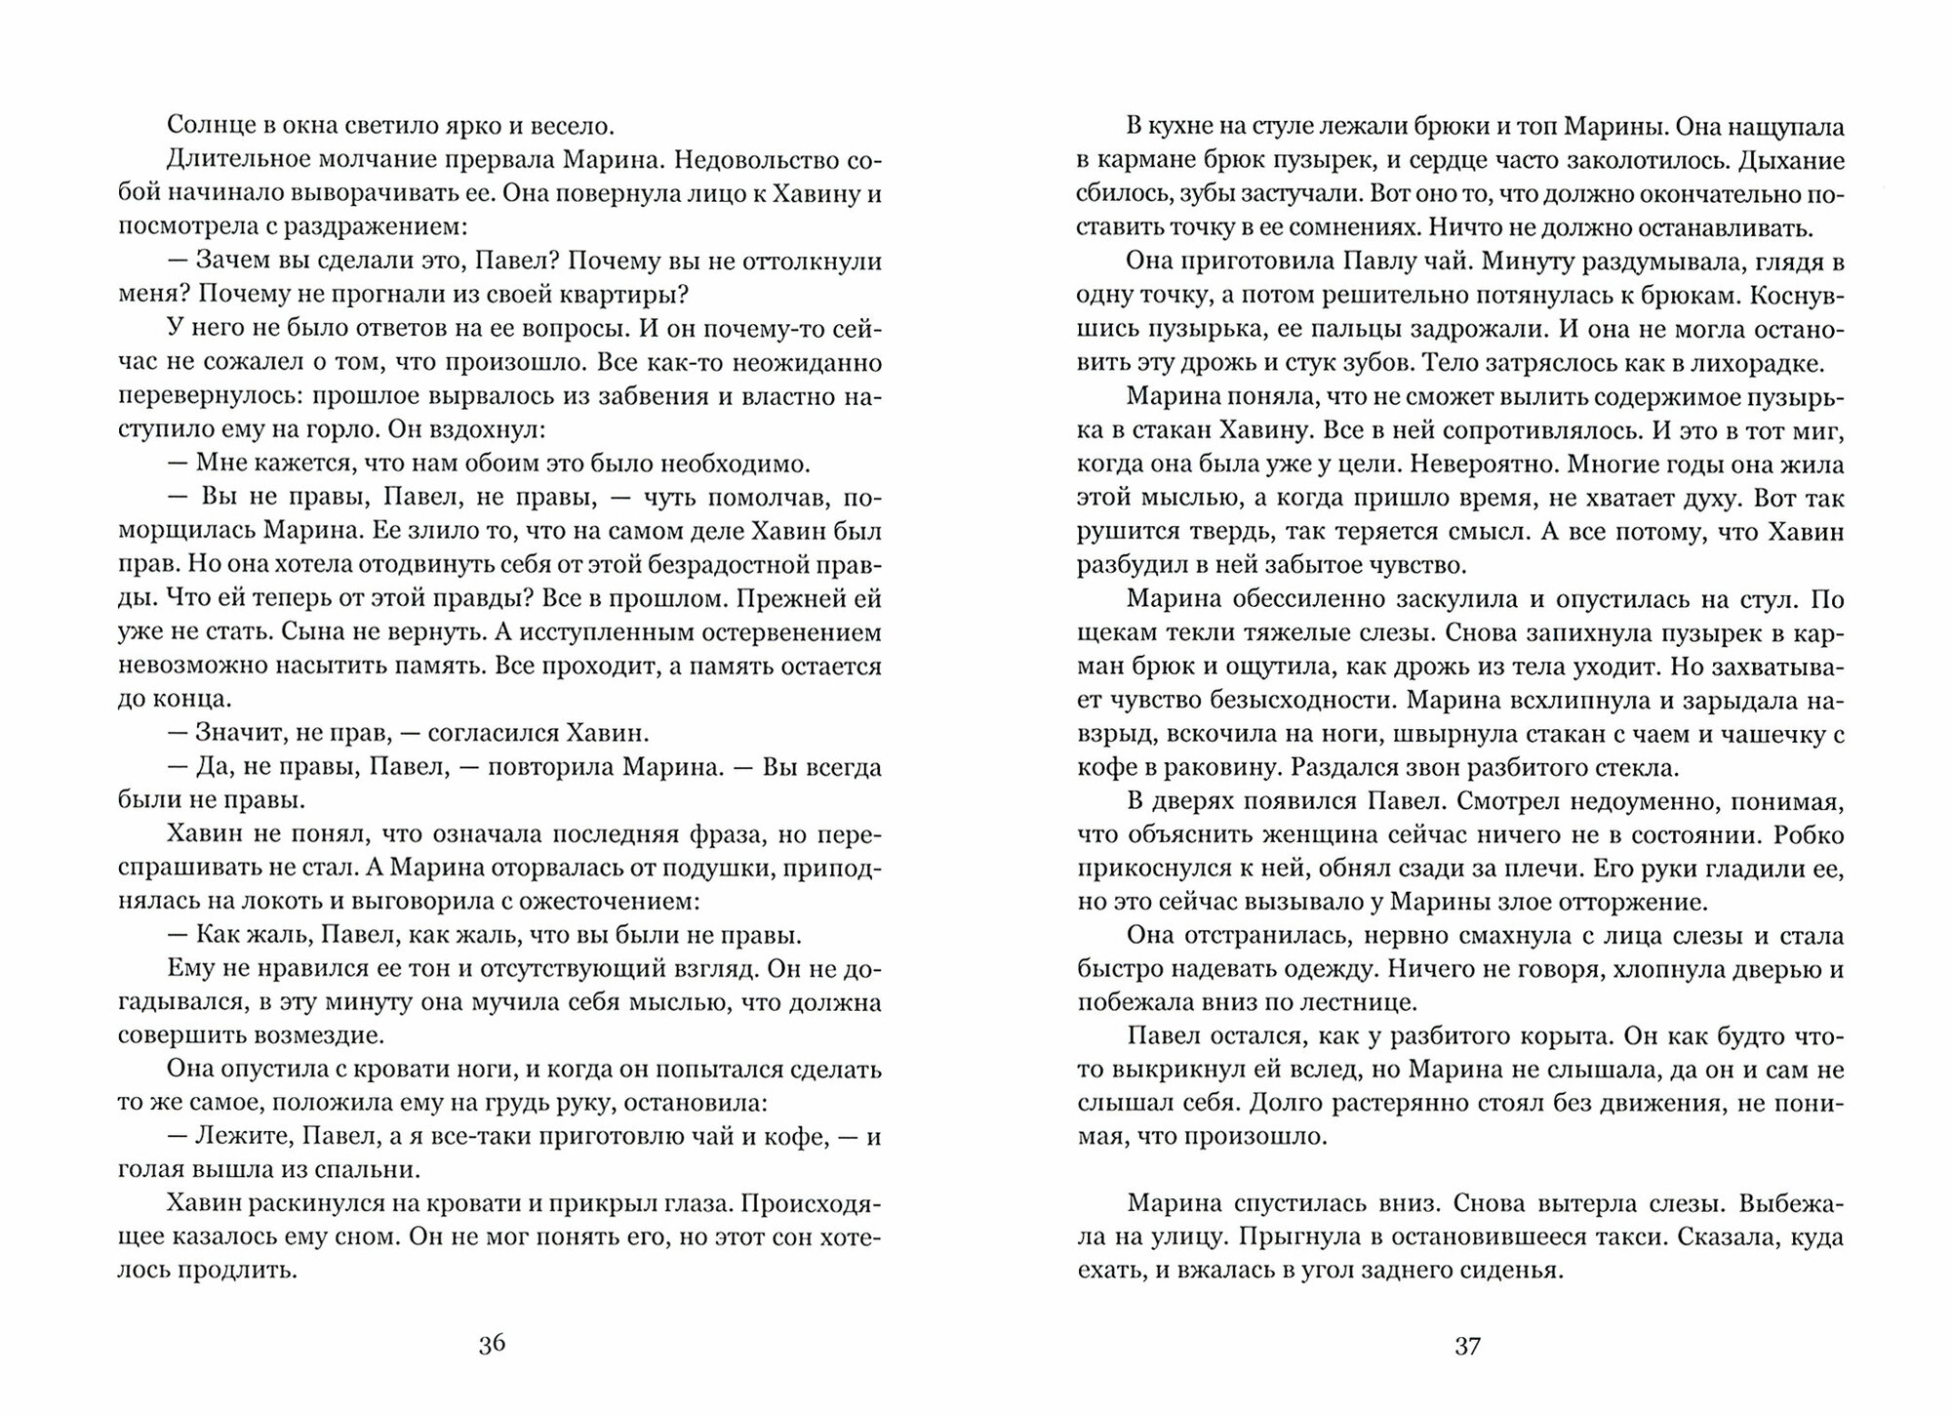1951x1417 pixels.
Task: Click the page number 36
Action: tap(492, 1345)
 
